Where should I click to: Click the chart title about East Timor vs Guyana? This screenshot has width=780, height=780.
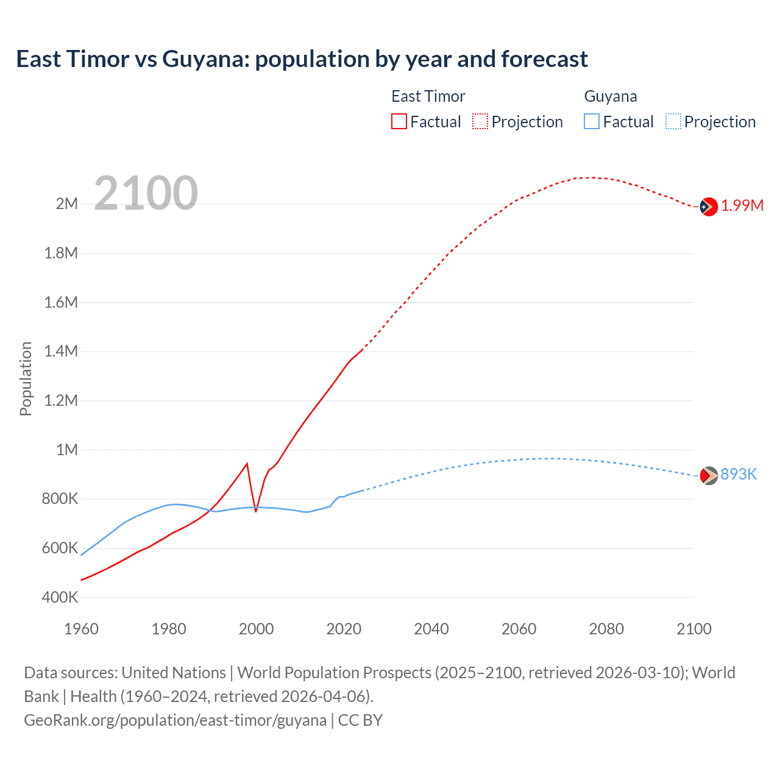pyautogui.click(x=302, y=59)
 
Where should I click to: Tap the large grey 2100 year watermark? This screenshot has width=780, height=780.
pyautogui.click(x=146, y=193)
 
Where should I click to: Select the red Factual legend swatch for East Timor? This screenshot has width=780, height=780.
pyautogui.click(x=399, y=121)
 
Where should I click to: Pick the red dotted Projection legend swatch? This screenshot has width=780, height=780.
pyautogui.click(x=480, y=121)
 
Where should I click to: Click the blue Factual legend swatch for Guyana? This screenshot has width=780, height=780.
pyautogui.click(x=592, y=121)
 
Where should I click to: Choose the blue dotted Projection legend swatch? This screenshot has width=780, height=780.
pyautogui.click(x=673, y=121)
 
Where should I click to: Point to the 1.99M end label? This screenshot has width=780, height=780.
pyautogui.click(x=742, y=206)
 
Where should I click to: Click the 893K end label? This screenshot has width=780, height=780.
pyautogui.click(x=739, y=475)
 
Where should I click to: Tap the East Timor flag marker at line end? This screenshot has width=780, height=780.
pyautogui.click(x=709, y=207)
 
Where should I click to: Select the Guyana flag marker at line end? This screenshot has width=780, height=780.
pyautogui.click(x=709, y=475)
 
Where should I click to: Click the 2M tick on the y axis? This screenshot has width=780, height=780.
pyautogui.click(x=67, y=204)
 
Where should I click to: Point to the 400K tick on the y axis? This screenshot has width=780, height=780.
pyautogui.click(x=60, y=598)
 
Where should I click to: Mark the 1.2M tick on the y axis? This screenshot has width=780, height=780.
pyautogui.click(x=61, y=401)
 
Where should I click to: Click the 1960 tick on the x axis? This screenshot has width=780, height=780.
pyautogui.click(x=81, y=629)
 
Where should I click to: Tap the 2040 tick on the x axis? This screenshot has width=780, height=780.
pyautogui.click(x=431, y=629)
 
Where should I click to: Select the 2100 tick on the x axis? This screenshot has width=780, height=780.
pyautogui.click(x=693, y=629)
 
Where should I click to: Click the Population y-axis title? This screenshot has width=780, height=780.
pyautogui.click(x=26, y=378)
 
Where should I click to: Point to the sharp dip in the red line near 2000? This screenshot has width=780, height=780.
pyautogui.click(x=256, y=511)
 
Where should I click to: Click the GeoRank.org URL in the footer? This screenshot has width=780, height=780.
pyautogui.click(x=175, y=720)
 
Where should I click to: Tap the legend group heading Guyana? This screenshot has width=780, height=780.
pyautogui.click(x=611, y=96)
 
